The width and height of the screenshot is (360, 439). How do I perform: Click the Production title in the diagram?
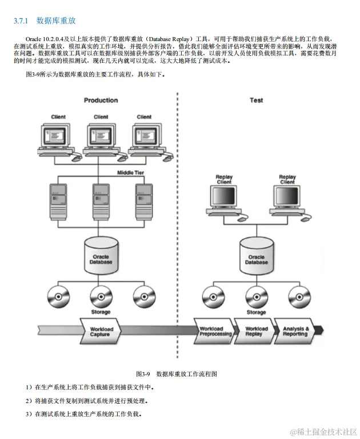pyautogui.click(x=101, y=100)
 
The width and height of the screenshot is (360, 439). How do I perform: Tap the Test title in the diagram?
pyautogui.click(x=256, y=100)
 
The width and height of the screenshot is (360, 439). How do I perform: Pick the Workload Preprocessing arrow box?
pyautogui.click(x=215, y=332)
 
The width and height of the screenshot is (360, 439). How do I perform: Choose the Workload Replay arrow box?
pyautogui.click(x=256, y=332)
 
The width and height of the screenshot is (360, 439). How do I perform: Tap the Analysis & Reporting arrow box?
pyautogui.click(x=296, y=332)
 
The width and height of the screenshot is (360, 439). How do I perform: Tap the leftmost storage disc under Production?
pyautogui.click(x=58, y=296)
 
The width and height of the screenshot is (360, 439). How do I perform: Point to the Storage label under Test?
pyautogui.click(x=256, y=312)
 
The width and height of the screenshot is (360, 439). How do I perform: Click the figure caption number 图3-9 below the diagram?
pyautogui.click(x=142, y=374)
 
